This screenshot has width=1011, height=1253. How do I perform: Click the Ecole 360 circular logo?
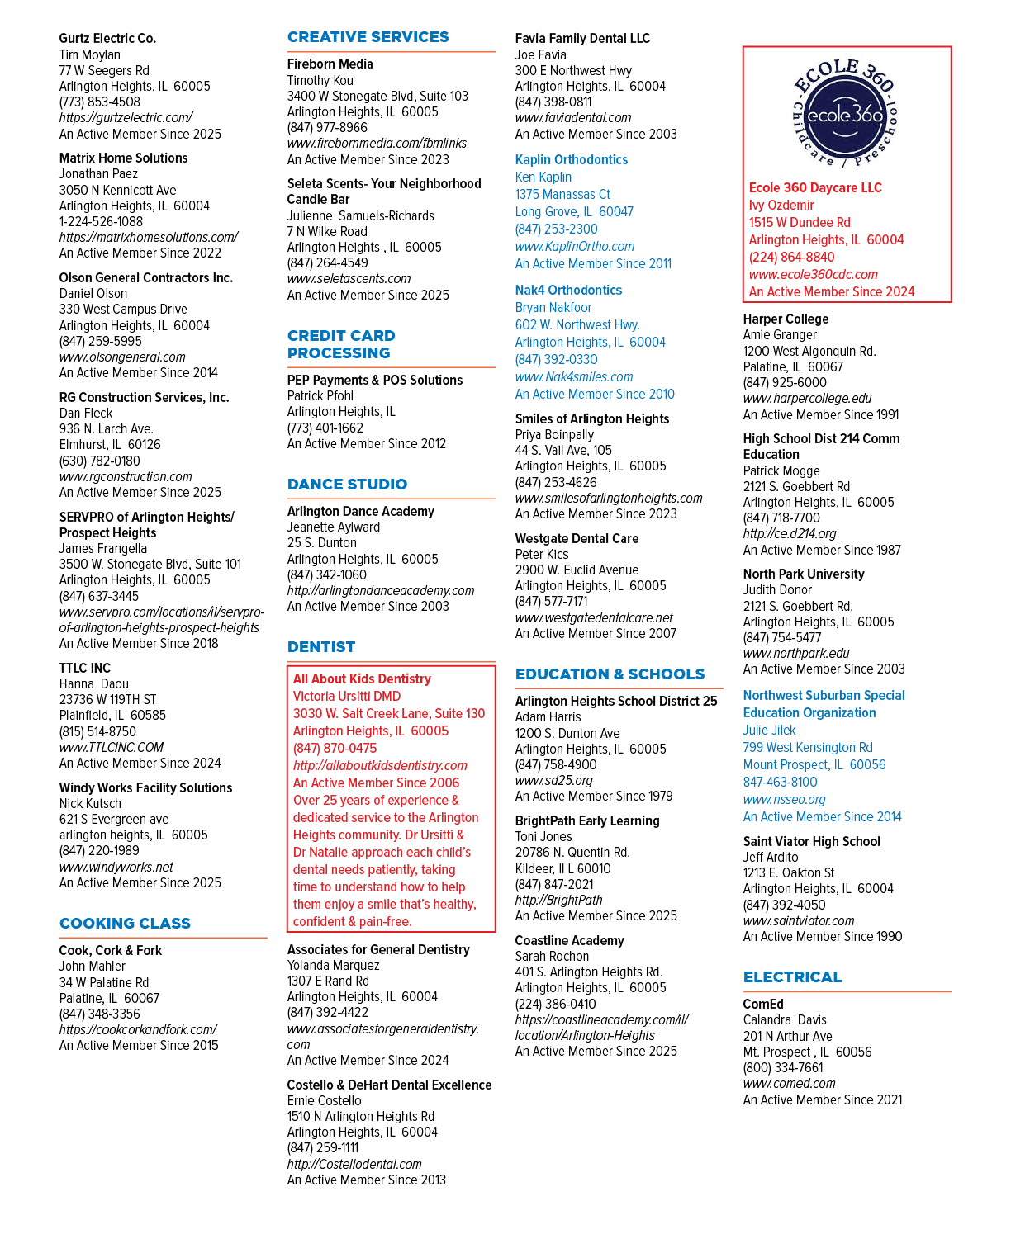pyautogui.click(x=846, y=113)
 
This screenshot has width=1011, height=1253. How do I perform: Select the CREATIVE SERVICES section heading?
pyautogui.click(x=368, y=37)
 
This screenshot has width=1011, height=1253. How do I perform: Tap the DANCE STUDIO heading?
pyautogui.click(x=347, y=484)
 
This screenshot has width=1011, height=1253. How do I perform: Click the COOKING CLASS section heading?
pyautogui.click(x=125, y=923)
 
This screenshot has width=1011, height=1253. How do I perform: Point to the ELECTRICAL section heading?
pyautogui.click(x=792, y=977)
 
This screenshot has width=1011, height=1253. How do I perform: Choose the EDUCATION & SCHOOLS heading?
pyautogui.click(x=610, y=674)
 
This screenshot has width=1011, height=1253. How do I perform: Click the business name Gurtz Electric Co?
pyautogui.click(x=108, y=39)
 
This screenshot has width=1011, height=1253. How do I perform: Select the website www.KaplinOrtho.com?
pyautogui.click(x=575, y=246)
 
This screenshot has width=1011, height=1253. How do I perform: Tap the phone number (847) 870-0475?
pyautogui.click(x=335, y=748)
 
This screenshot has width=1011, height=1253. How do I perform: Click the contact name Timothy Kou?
pyautogui.click(x=320, y=80)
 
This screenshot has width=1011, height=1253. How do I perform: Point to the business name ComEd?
pyautogui.click(x=763, y=1004)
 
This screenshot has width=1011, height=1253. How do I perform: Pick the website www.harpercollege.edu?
pyautogui.click(x=807, y=398)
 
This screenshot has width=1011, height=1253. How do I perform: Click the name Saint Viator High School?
pyautogui.click(x=812, y=841)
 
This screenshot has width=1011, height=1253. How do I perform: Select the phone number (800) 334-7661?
pyautogui.click(x=783, y=1067)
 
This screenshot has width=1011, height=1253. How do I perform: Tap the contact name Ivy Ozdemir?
pyautogui.click(x=781, y=205)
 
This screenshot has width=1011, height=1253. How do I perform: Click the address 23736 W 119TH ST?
pyautogui.click(x=108, y=699)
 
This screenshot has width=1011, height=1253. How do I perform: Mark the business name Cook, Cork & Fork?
pyautogui.click(x=111, y=950)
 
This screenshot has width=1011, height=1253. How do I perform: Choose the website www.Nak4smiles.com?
pyautogui.click(x=574, y=376)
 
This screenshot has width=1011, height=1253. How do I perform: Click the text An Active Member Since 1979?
pyautogui.click(x=594, y=796)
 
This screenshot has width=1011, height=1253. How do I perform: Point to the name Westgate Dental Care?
pyautogui.click(x=577, y=538)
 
